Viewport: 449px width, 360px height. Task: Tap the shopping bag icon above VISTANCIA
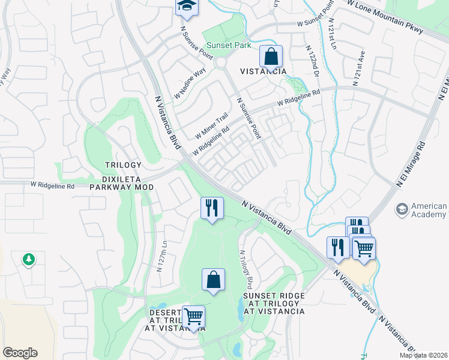(271, 57)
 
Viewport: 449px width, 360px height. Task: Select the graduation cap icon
(186, 6)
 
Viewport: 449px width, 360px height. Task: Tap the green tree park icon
(28, 259)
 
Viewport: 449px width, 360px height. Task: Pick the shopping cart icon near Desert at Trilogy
(193, 316)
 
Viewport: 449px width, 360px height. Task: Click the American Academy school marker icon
(401, 209)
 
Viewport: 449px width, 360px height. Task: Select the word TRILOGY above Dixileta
(123, 165)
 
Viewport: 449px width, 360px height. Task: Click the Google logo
(20, 353)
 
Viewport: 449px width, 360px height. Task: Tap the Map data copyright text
(424, 355)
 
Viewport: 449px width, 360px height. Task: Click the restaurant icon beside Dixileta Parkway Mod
(212, 208)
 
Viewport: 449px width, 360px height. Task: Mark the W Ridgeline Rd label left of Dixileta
(52, 187)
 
